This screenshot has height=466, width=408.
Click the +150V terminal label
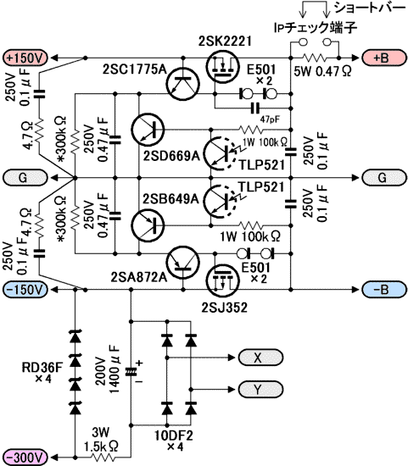click(25, 58)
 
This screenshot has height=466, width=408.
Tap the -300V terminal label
click(25, 457)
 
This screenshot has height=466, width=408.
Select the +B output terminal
click(384, 58)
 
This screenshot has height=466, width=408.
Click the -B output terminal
click(384, 289)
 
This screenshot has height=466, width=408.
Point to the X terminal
click(260, 357)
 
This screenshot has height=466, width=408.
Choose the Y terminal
click(260, 389)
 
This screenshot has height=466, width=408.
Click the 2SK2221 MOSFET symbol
click(222, 66)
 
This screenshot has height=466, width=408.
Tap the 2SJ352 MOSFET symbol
click(222, 280)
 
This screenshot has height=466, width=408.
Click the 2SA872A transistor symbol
click(183, 263)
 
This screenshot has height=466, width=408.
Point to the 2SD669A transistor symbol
click(148, 130)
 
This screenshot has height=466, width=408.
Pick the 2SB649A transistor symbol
click(148, 225)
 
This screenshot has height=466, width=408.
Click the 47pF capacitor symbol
click(255, 108)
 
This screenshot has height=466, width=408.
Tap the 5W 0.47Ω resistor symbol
click(314, 58)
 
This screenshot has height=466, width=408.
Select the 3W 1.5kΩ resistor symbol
click(103, 457)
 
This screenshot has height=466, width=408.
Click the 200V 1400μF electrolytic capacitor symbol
click(131, 372)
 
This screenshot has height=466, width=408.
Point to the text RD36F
click(42, 368)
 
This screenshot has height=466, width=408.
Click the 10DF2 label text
click(174, 435)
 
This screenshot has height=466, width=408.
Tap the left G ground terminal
click(25, 177)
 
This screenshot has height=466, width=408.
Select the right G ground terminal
click(384, 177)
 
